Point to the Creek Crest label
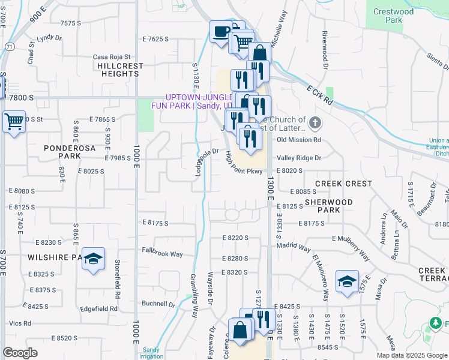click(x=343, y=184)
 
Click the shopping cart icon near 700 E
click(x=14, y=122)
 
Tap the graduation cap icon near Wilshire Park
click(x=93, y=259)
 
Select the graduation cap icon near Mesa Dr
click(x=347, y=281)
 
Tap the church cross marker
click(x=316, y=124)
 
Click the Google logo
click(x=20, y=353)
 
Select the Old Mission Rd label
click(x=299, y=140)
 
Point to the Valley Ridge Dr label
click(x=299, y=158)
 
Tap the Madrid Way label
click(x=294, y=247)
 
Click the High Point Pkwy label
click(x=244, y=163)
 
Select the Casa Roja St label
click(x=112, y=58)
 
